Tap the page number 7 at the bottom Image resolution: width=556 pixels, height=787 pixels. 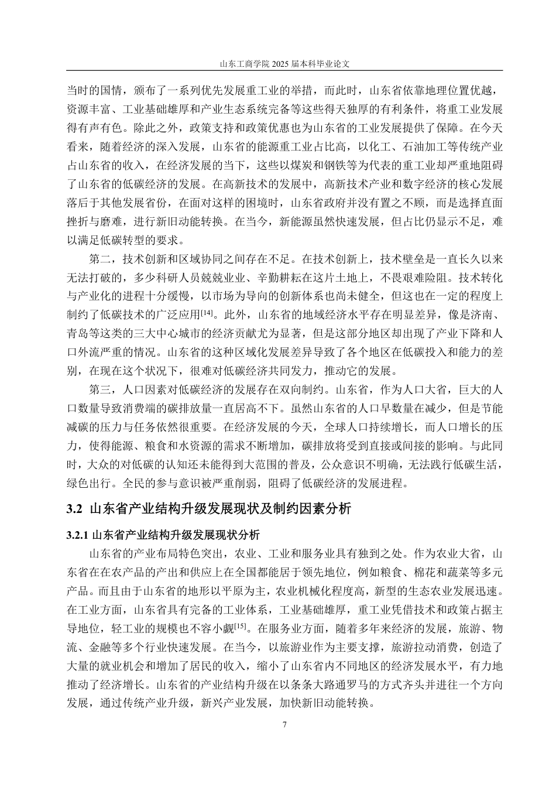(x=284, y=725)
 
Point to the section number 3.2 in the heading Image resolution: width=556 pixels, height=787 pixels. (x=75, y=509)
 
